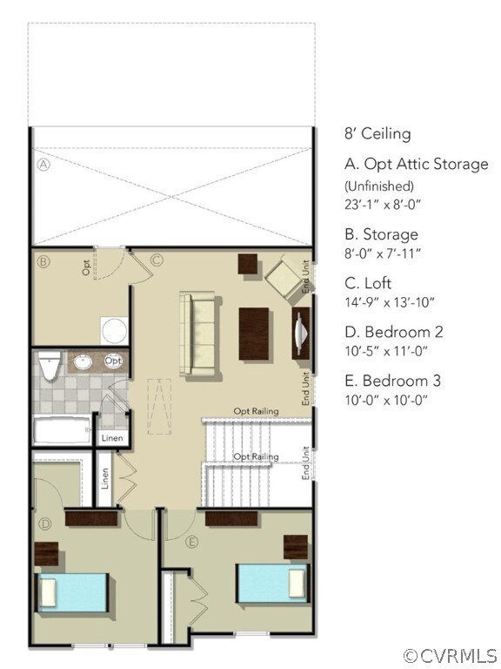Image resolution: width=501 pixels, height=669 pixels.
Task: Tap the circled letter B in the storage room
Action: [x=42, y=260]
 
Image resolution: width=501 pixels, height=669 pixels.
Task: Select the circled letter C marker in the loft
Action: [x=157, y=259]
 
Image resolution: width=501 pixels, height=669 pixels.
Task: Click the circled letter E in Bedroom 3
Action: [x=192, y=541]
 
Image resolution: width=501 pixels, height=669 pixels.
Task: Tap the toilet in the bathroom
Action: [x=50, y=366]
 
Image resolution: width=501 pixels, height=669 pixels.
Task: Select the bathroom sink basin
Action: [x=83, y=362]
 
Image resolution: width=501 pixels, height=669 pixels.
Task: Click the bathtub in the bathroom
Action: [x=62, y=430]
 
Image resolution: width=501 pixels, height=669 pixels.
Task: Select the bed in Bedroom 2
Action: [x=70, y=591]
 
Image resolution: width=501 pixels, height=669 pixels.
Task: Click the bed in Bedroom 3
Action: [x=272, y=583]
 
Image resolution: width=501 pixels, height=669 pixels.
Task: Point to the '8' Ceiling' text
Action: [x=377, y=134]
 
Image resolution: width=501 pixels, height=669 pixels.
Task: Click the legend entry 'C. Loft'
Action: [x=368, y=283]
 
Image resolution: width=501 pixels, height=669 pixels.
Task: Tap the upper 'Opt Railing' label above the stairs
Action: [x=256, y=411]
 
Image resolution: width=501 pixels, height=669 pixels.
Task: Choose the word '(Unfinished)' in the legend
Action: [x=379, y=186]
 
